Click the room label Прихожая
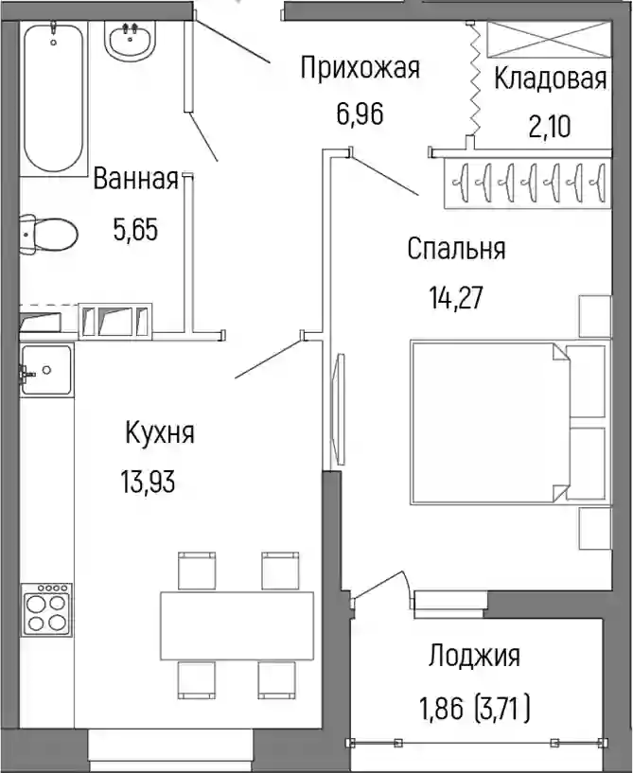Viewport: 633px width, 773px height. (x=360, y=67)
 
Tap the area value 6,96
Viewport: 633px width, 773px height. (x=360, y=114)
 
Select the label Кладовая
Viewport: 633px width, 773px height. (x=550, y=79)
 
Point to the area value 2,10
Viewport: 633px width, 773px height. (x=550, y=126)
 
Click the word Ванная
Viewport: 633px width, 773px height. (x=135, y=179)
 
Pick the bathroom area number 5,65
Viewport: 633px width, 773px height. (x=135, y=230)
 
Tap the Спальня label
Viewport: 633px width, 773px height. (x=456, y=249)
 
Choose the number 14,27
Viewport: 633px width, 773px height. (x=456, y=298)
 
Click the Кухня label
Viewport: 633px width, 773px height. (x=160, y=432)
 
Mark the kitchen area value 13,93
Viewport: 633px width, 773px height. (x=148, y=482)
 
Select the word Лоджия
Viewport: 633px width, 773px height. (x=474, y=657)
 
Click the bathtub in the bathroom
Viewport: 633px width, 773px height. (x=54, y=97)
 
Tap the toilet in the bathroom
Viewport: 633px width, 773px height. (x=49, y=235)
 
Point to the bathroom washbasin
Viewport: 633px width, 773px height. (x=131, y=41)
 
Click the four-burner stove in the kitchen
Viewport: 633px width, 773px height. (x=45, y=609)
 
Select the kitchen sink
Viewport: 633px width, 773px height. (x=46, y=370)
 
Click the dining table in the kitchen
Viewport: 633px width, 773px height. (x=237, y=626)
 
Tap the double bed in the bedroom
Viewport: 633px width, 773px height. (x=489, y=422)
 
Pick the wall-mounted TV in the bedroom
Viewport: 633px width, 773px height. (x=339, y=409)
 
